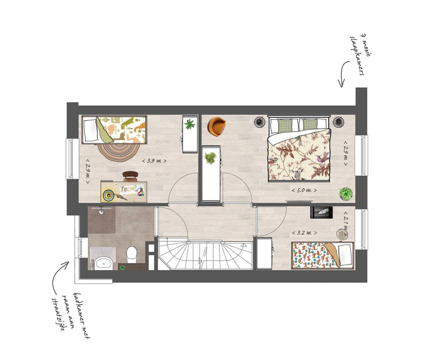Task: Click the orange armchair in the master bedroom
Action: [217, 126]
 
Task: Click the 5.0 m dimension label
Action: [304, 190]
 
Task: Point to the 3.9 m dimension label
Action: [154, 161]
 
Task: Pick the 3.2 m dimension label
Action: [304, 233]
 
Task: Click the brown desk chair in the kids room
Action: [130, 176]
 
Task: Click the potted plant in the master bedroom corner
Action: [346, 194]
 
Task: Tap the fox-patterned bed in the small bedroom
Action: [322, 255]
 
